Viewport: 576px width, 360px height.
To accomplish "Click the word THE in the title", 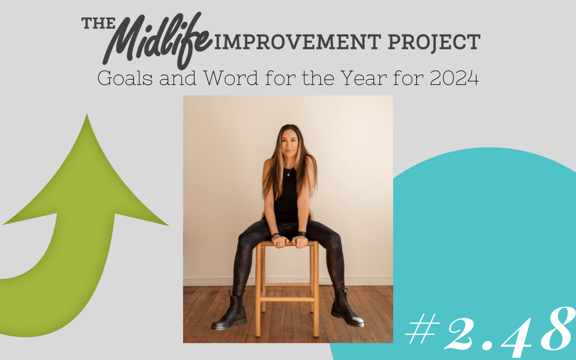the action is pos(98,23).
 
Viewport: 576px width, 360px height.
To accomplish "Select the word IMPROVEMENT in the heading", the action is pos(298,42).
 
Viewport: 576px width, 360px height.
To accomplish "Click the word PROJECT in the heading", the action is pos(434,42).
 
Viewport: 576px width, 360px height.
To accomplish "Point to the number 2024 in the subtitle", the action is pos(454,78).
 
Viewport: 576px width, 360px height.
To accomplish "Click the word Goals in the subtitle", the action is pos(125,78).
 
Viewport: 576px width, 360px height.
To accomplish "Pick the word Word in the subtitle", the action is pos(231,78).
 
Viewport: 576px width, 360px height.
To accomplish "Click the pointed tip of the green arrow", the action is pos(87,114).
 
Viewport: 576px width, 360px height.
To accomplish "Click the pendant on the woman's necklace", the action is pos(288,175).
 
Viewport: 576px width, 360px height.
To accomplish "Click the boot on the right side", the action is pos(346,308).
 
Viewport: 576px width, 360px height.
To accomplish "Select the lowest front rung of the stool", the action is pos(287,300).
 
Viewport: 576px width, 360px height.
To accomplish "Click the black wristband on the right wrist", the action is pos(302,235).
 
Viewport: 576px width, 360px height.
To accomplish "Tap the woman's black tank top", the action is pos(286,195).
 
